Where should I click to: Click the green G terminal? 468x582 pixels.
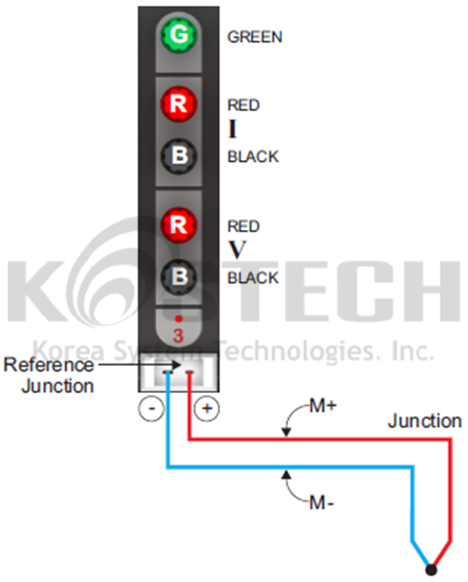click(x=178, y=35)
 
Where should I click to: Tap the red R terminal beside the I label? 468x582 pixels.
click(x=178, y=104)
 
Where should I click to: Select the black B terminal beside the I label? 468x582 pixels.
click(x=178, y=155)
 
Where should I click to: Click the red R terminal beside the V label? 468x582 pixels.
click(x=178, y=225)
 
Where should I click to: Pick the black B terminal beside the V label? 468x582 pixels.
click(x=178, y=276)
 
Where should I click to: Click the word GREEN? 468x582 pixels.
click(x=255, y=37)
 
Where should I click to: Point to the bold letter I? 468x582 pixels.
click(x=233, y=130)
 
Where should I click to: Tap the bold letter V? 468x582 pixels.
click(x=237, y=250)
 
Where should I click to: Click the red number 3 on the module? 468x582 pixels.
click(x=178, y=336)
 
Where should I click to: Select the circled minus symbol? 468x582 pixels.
click(x=151, y=408)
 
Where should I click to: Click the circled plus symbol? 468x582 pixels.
click(x=207, y=408)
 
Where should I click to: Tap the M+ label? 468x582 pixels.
click(x=323, y=406)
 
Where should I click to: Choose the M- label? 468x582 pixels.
click(x=322, y=502)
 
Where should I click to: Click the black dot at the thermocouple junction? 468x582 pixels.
click(x=431, y=569)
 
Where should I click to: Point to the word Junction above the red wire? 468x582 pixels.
click(x=425, y=422)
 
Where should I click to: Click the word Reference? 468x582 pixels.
click(x=48, y=365)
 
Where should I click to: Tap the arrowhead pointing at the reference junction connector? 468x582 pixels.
click(x=175, y=365)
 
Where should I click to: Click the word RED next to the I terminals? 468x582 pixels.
click(x=243, y=105)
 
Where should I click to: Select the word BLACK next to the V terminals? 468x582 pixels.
click(x=253, y=278)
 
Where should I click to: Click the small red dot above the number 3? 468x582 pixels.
click(x=178, y=318)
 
